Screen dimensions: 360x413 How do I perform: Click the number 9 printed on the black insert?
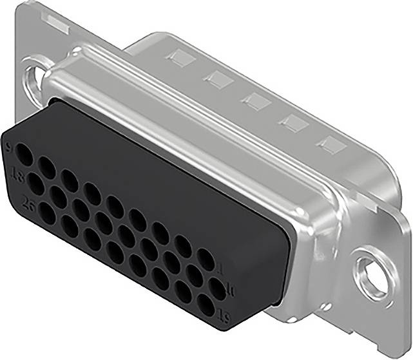(x=9, y=147)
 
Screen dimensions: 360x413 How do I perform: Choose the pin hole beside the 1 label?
(x=206, y=260)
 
